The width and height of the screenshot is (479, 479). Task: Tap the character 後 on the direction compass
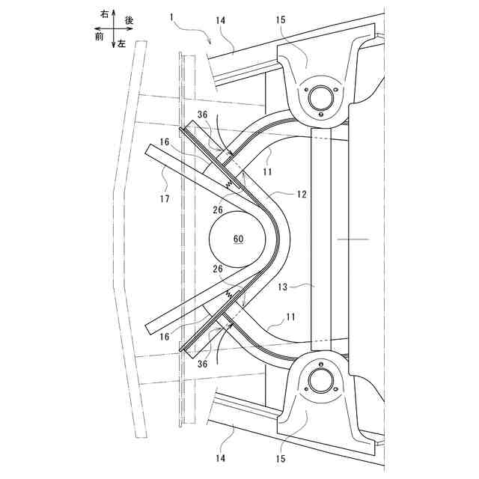(129, 21)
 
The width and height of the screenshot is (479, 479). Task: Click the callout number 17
(164, 199)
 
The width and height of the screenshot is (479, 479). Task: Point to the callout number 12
(301, 195)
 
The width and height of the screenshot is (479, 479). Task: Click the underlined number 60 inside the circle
(238, 239)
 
